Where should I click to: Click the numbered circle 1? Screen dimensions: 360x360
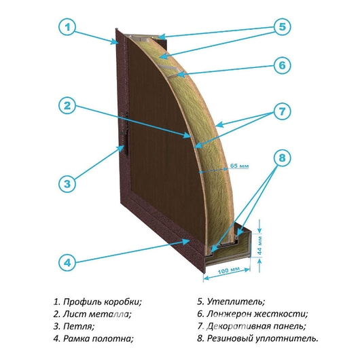tap(67, 27)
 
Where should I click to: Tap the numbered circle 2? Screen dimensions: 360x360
tap(67, 106)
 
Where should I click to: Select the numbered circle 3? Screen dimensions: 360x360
tap(67, 184)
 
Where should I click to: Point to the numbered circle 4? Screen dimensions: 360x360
tap(67, 262)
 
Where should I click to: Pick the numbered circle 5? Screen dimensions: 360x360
tap(282, 26)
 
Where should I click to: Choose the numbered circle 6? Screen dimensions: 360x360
tap(282, 65)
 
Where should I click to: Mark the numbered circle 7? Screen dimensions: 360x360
tap(282, 111)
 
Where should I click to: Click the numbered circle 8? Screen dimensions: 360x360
tap(282, 158)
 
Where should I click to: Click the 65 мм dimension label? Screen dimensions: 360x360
tap(240, 165)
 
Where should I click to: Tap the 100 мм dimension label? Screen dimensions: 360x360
tap(229, 270)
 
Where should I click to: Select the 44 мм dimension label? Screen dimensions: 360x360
tap(259, 245)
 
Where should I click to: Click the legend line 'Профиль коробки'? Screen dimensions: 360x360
tap(98, 302)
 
